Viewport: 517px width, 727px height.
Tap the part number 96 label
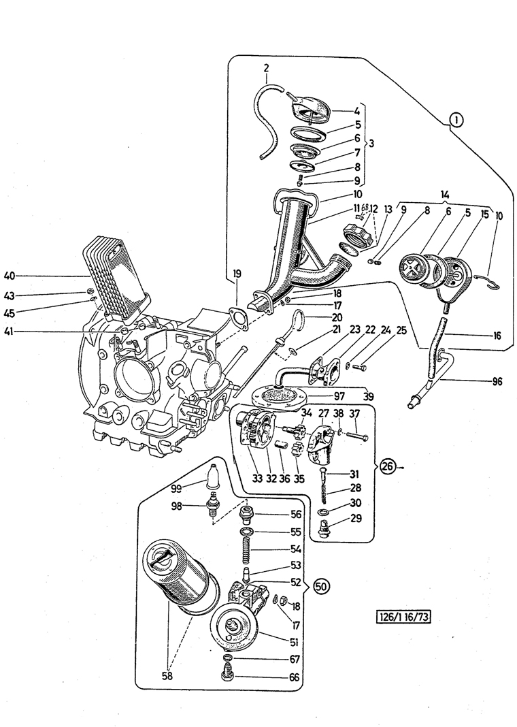pos(497,382)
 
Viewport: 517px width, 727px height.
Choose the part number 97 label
pos(339,396)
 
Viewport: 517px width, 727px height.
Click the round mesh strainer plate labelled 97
pos(278,394)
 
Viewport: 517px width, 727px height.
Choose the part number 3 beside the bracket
pos(371,144)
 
